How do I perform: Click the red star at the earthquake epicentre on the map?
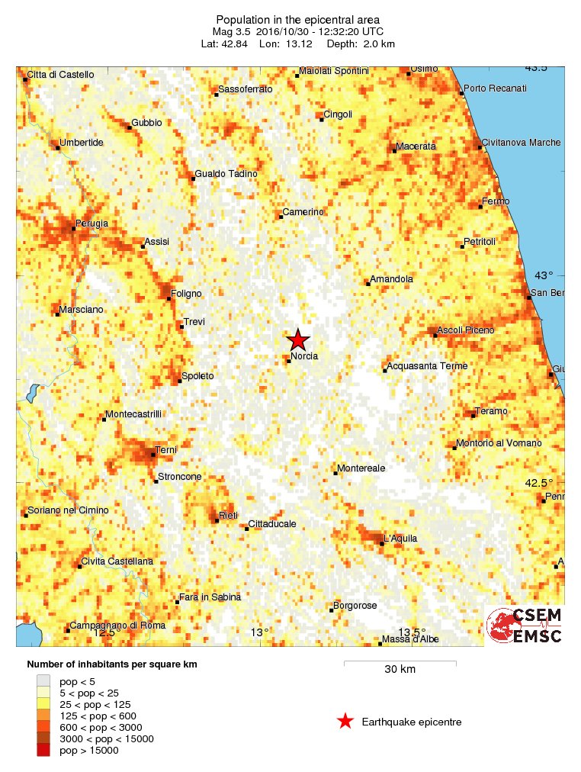tap(297, 340)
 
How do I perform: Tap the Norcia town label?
tap(304, 355)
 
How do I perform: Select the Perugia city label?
tap(91, 224)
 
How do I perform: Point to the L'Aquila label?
tap(401, 539)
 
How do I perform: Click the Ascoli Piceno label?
tap(466, 330)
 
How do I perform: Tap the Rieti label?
tap(229, 516)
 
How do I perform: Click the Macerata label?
tap(416, 146)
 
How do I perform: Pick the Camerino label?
tap(303, 211)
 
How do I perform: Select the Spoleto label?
tap(197, 376)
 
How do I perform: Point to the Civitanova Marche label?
tap(521, 143)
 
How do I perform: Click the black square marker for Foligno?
tap(169, 298)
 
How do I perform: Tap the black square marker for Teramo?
tap(473, 416)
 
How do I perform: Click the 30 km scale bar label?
tap(400, 670)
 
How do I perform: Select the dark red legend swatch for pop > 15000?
tap(43, 751)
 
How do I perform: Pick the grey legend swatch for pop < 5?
tap(43, 681)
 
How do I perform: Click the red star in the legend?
tap(345, 721)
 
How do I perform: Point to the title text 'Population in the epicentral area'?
tap(297, 19)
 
